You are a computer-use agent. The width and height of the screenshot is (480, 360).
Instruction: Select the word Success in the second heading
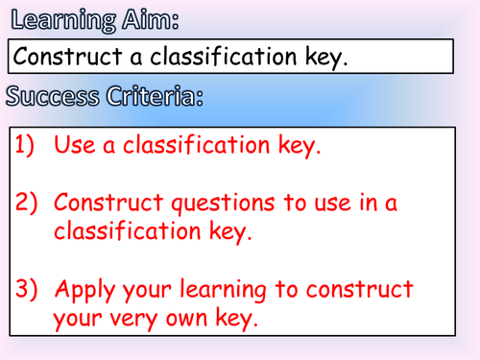pyautogui.click(x=49, y=95)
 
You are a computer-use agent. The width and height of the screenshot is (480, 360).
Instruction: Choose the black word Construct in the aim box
pyautogui.click(x=73, y=58)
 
